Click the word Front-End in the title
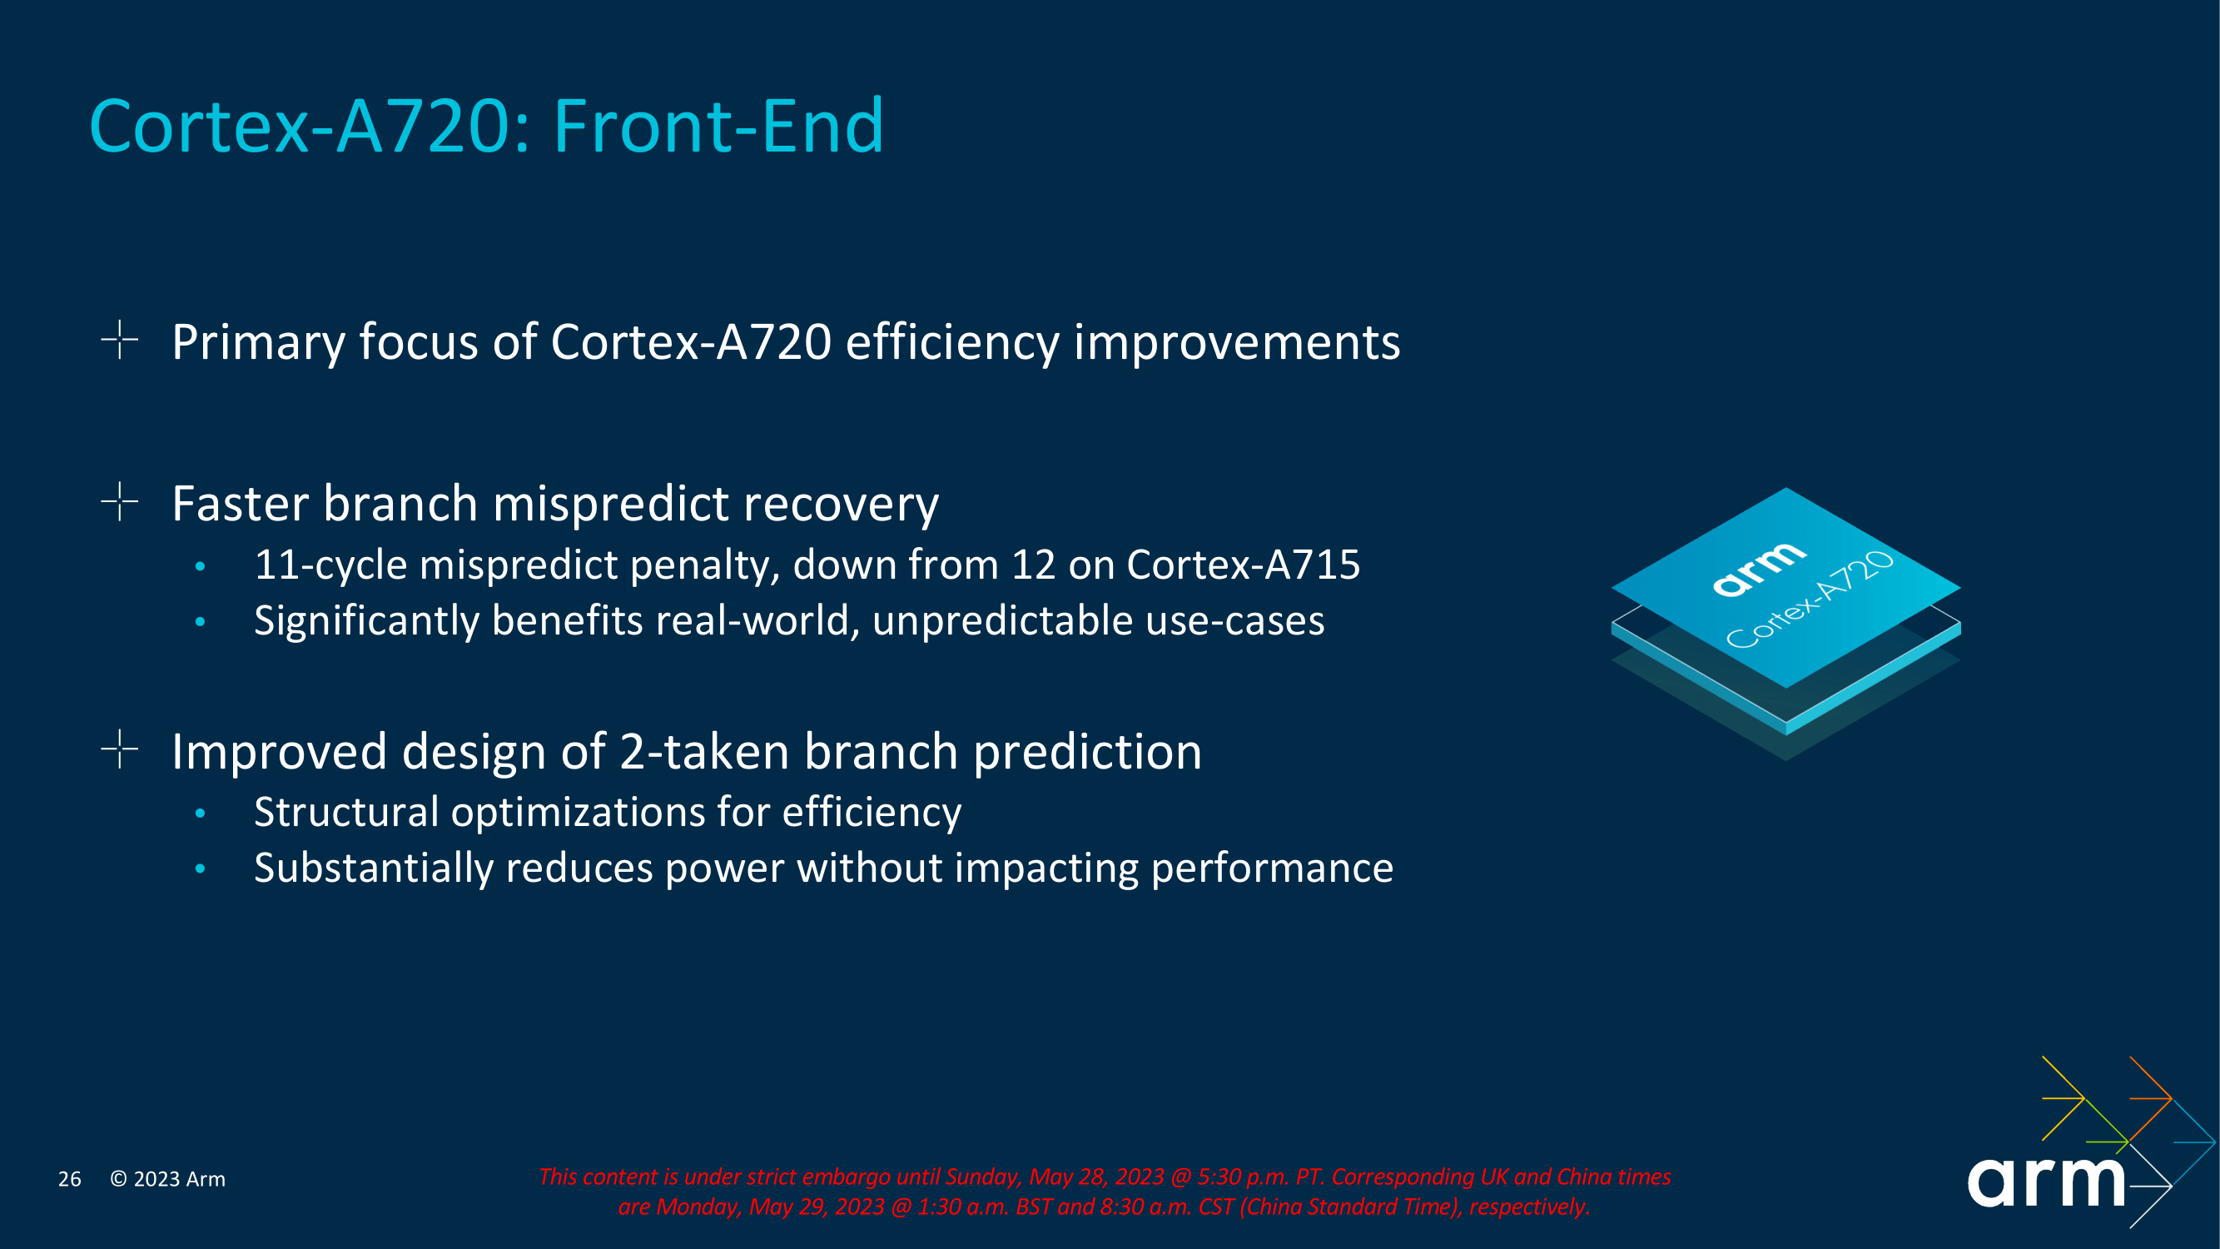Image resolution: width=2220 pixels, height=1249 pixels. tap(718, 127)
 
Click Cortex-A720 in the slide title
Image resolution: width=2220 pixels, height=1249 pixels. tap(300, 127)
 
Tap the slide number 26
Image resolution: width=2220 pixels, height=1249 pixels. tap(70, 1179)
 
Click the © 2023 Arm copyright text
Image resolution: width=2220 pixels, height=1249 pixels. tap(168, 1179)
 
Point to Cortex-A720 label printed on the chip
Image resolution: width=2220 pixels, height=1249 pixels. tap(1810, 601)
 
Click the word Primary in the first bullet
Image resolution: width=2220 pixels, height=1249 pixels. tap(258, 342)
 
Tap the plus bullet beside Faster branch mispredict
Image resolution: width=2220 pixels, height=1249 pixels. tap(120, 501)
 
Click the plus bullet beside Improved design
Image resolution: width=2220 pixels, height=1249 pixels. tap(120, 749)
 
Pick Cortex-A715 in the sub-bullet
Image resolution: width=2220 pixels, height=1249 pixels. tap(1243, 565)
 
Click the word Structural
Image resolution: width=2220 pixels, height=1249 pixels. tap(345, 813)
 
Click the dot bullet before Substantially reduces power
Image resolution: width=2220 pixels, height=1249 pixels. tap(200, 868)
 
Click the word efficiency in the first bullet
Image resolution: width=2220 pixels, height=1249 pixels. tap(951, 342)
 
